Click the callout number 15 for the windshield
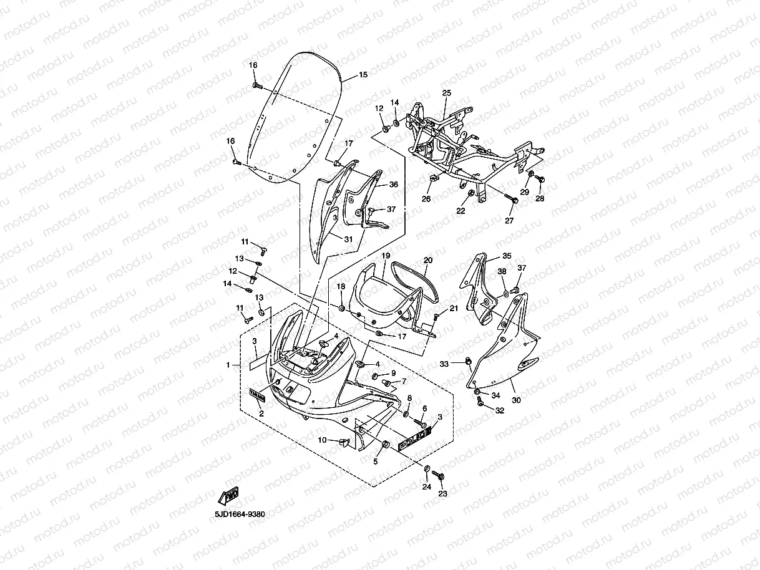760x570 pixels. coord(363,75)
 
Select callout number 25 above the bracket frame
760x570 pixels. coord(446,93)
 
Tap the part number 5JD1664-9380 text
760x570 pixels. coord(240,514)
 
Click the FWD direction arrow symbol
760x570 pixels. coord(228,496)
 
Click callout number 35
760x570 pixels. coord(507,256)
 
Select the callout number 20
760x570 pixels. coord(427,260)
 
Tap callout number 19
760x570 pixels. coord(386,256)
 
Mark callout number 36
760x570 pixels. coord(394,185)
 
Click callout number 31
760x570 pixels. coord(348,238)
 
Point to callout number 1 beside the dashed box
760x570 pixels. coord(228,364)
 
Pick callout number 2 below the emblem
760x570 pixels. coord(261,413)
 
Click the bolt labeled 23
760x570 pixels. coord(441,477)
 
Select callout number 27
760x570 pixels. coord(509,221)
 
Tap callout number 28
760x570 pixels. coord(540,198)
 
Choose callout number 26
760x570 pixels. coord(426,199)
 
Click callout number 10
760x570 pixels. coord(323,440)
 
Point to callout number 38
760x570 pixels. coord(502,271)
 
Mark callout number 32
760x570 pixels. coord(499,410)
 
